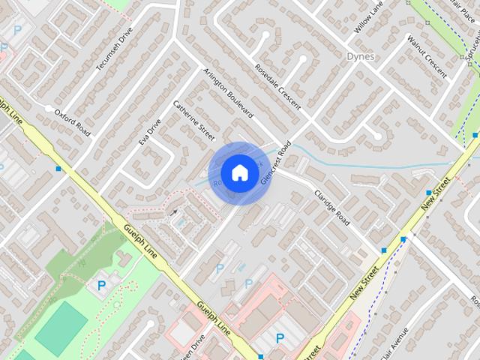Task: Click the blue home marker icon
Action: click(x=239, y=172)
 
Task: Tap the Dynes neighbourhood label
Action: click(x=361, y=56)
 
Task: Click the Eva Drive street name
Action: click(x=150, y=130)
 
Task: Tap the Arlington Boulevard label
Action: click(x=228, y=93)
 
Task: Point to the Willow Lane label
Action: click(x=368, y=19)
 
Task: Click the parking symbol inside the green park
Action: click(x=102, y=284)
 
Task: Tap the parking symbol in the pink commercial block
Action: click(x=280, y=338)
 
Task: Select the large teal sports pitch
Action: click(x=61, y=327)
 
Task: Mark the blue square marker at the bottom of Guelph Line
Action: click(x=260, y=356)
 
